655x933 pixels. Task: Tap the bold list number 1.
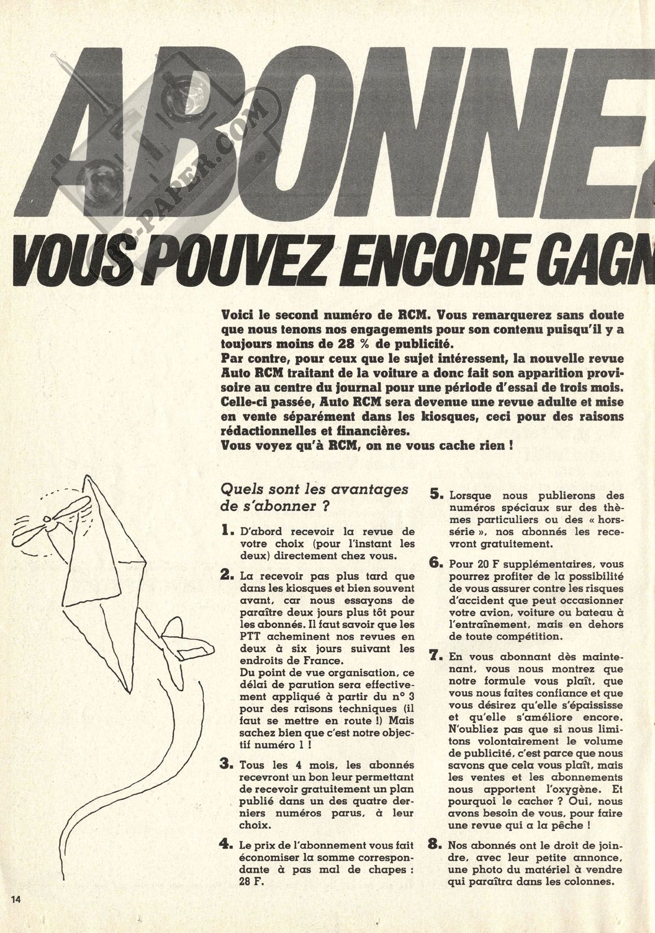[x=226, y=531]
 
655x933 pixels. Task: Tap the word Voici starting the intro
[x=239, y=314]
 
